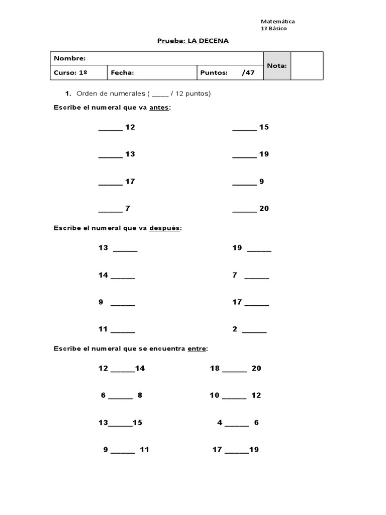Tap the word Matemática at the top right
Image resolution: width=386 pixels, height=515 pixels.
[x=277, y=22]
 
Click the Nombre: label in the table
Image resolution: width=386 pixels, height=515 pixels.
[x=70, y=58]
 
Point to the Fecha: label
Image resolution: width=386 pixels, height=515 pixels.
[x=122, y=73]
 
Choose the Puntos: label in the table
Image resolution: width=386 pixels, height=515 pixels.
[x=214, y=73]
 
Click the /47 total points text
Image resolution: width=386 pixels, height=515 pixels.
[x=248, y=73]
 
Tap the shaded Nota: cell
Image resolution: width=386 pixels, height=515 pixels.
[x=276, y=65]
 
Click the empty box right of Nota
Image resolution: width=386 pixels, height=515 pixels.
[x=307, y=65]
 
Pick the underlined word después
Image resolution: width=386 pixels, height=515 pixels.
[x=164, y=228]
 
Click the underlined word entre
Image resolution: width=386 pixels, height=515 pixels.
[x=197, y=349]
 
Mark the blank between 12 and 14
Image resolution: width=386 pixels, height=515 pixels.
[x=123, y=370]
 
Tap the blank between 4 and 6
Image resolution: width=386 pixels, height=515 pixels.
[x=237, y=424]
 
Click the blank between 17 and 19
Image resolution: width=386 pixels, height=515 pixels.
[x=237, y=451]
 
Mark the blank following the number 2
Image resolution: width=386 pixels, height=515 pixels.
[x=254, y=331]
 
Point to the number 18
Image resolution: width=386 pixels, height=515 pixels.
[x=215, y=369]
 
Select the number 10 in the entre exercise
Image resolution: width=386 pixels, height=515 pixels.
[x=215, y=396]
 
